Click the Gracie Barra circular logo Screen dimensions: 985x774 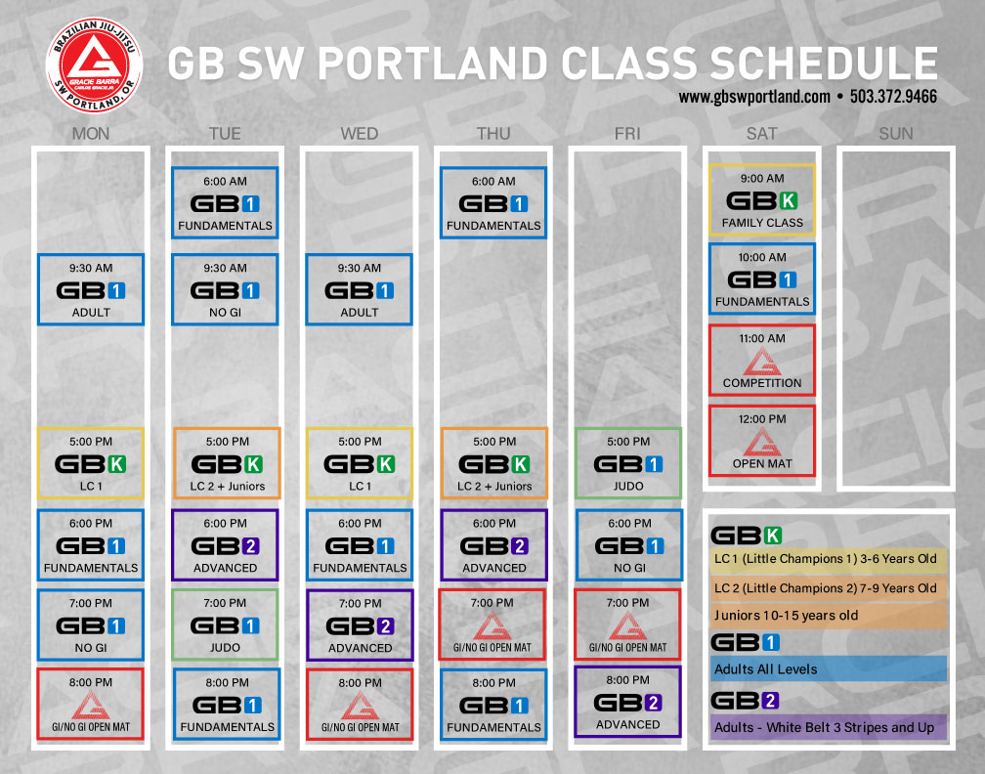94,65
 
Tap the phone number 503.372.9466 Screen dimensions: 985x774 893,97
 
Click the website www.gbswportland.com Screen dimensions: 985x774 754,98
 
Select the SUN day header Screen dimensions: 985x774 896,133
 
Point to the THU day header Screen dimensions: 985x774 493,133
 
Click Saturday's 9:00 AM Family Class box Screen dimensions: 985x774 762,199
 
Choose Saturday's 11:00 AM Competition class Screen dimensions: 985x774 762,360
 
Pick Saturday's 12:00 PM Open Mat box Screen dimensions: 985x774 762,441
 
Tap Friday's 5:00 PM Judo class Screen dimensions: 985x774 628,463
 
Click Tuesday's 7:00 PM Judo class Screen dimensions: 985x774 225,624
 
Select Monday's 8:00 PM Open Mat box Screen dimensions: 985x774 91,705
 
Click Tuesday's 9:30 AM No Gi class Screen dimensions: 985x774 225,289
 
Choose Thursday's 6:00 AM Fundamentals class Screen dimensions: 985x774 493,202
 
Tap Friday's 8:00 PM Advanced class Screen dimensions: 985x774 628,702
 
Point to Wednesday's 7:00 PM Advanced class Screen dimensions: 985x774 360,624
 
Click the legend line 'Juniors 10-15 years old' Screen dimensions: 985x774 786,616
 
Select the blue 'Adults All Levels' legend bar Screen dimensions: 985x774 828,669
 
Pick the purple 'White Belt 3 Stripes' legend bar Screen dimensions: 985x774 828,727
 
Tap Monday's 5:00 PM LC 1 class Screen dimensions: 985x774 91,463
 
